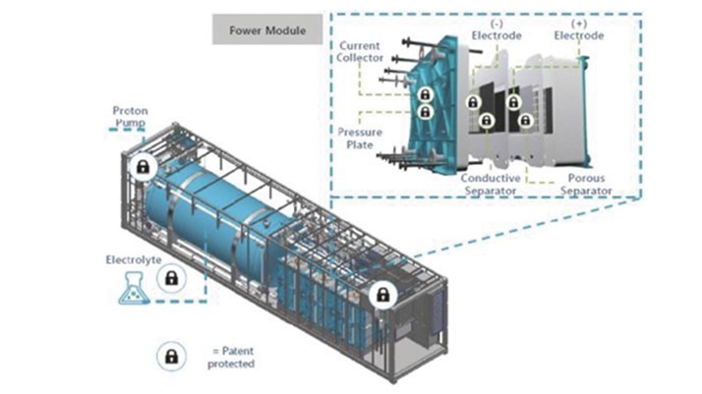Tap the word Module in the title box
[x=286, y=30]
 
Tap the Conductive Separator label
[x=489, y=185]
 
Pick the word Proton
[x=130, y=111]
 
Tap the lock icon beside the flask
[x=171, y=281]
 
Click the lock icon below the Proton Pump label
[x=144, y=167]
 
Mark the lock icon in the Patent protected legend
[x=171, y=356]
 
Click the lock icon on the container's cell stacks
[x=381, y=295]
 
